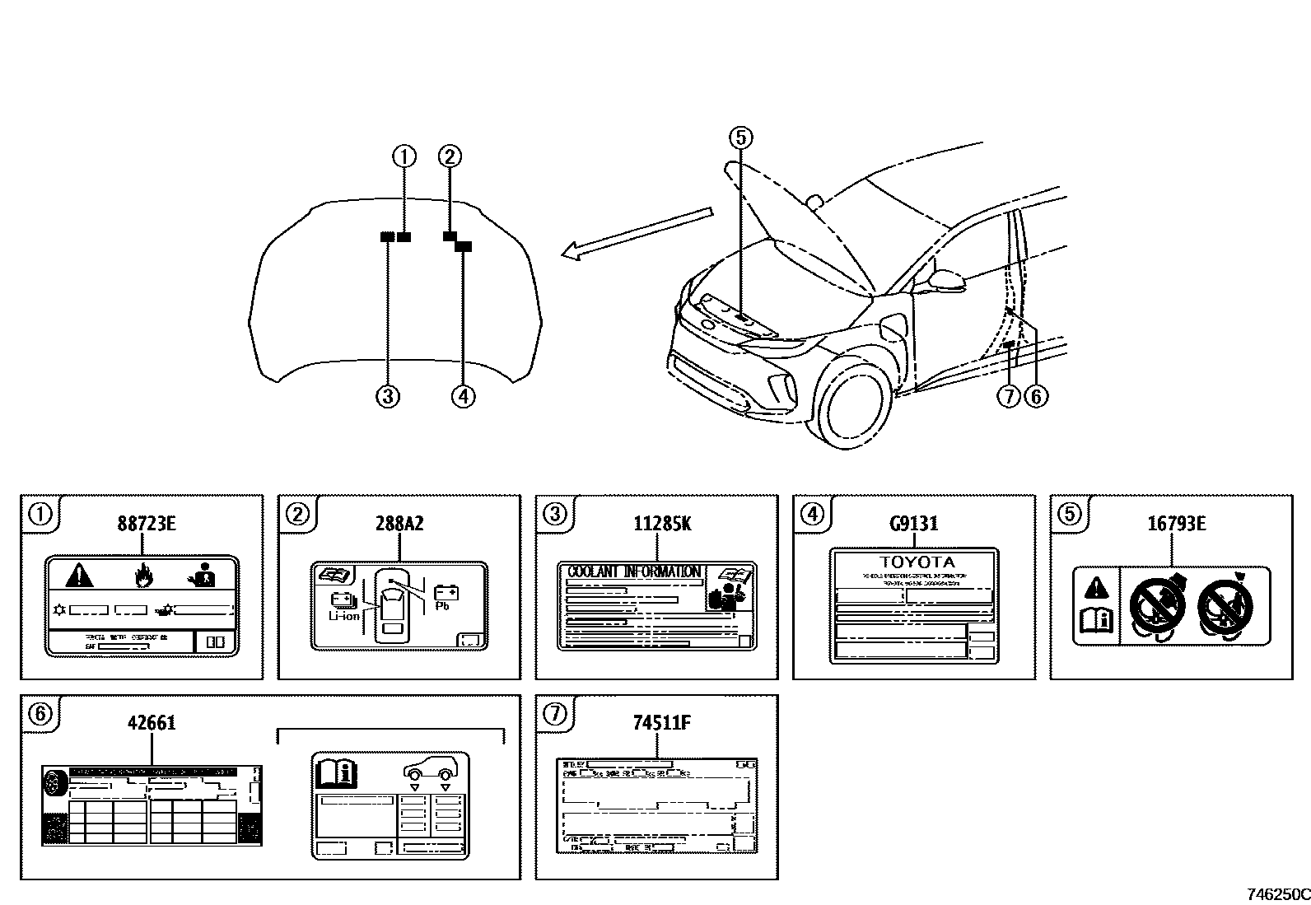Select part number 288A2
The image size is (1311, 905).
click(399, 524)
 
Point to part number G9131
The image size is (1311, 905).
click(914, 524)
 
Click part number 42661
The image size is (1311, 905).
click(152, 723)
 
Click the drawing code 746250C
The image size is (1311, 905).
click(1277, 894)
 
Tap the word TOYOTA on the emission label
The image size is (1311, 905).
click(914, 562)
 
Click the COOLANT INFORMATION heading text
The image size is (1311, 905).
click(634, 571)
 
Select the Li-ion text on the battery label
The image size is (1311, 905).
click(343, 615)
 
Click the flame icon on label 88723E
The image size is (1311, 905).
click(142, 574)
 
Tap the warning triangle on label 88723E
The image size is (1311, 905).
click(81, 574)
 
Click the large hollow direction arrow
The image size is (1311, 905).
click(637, 234)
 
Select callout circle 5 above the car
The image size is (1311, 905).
click(739, 138)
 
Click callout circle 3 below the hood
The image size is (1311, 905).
click(387, 396)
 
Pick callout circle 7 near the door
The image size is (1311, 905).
click(1009, 396)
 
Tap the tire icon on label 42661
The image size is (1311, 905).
click(54, 782)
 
